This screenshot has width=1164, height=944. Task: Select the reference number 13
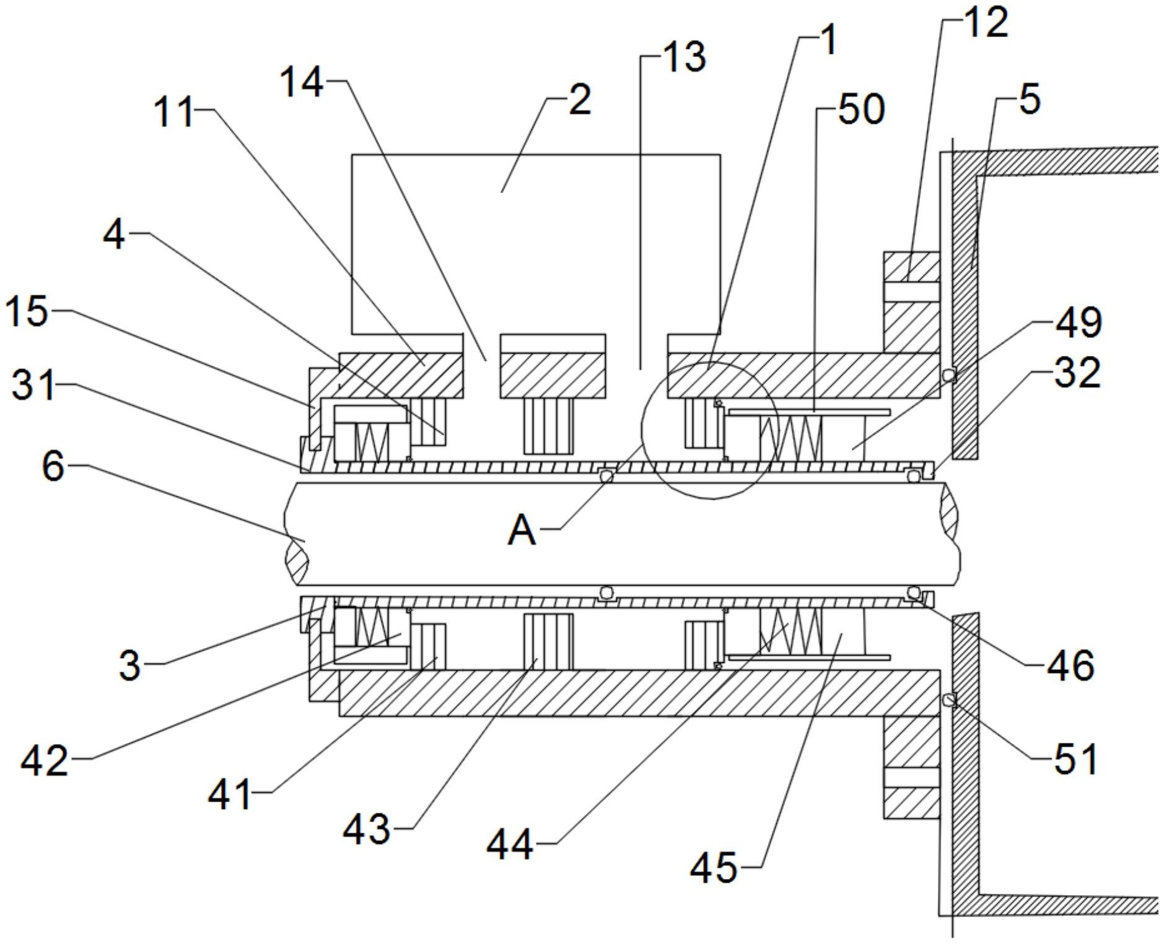683,57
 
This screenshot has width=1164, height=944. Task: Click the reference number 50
862,110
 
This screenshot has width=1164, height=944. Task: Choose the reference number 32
1078,373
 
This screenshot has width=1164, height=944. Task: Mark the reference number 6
53,466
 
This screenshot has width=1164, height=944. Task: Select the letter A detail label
522,530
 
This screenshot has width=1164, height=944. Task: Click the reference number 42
44,760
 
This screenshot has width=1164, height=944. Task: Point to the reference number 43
367,829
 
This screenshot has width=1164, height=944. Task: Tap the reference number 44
509,844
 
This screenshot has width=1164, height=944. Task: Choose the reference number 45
714,867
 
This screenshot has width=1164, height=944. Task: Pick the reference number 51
1076,759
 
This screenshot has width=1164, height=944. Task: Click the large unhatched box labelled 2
536,241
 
